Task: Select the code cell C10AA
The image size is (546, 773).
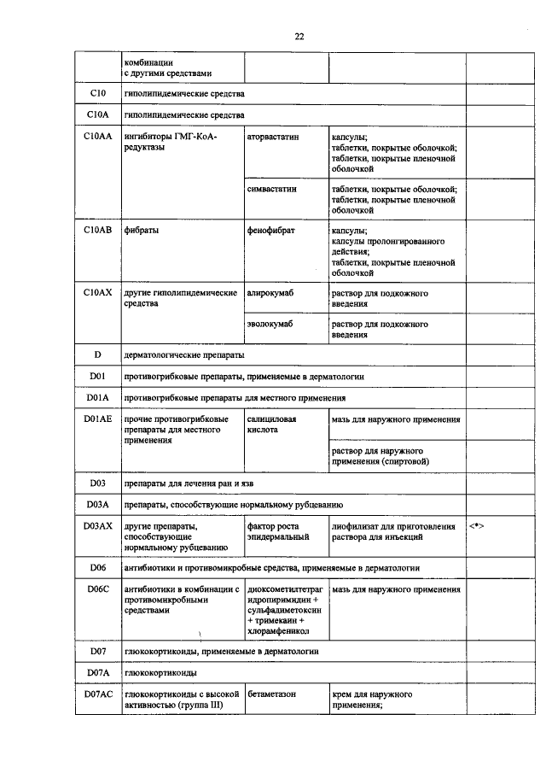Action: (x=97, y=137)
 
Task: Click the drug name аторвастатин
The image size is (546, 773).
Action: (x=273, y=137)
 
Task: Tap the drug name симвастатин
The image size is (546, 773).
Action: (x=271, y=189)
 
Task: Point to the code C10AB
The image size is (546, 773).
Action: (x=97, y=231)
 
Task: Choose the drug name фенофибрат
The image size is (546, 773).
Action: (x=270, y=231)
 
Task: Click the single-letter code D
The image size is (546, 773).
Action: (x=97, y=354)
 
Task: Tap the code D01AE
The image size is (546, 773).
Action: (x=97, y=420)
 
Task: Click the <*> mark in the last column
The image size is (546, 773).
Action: (x=477, y=526)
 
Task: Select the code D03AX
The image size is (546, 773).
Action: (x=97, y=526)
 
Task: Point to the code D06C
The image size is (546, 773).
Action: (x=97, y=589)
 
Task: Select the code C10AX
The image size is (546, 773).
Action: (x=97, y=293)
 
